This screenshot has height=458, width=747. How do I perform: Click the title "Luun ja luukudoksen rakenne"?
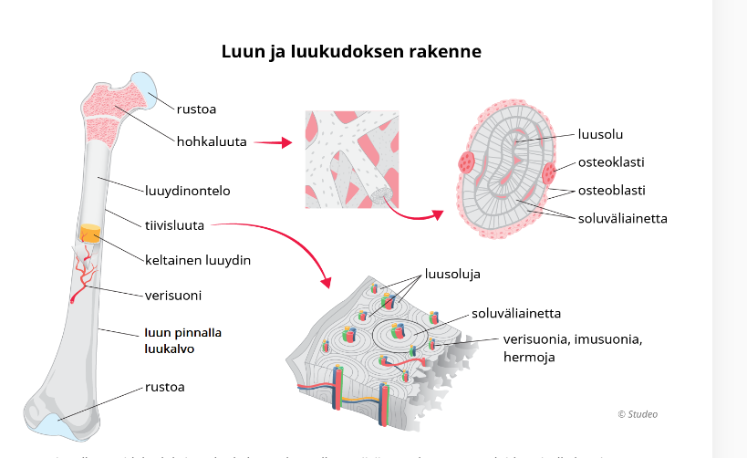351,52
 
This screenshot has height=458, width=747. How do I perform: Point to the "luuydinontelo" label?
187,192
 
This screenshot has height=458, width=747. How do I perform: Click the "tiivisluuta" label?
174,224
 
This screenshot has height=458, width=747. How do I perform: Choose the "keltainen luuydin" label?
197,260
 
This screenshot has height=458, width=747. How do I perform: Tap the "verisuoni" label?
173,296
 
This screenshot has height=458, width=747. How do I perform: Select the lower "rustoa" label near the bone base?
164,387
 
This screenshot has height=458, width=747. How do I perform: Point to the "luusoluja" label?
451,273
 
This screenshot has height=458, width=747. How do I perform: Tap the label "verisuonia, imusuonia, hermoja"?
574,348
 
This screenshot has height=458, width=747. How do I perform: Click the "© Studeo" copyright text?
637,414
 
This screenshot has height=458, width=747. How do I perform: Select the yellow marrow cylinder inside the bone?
89,234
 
